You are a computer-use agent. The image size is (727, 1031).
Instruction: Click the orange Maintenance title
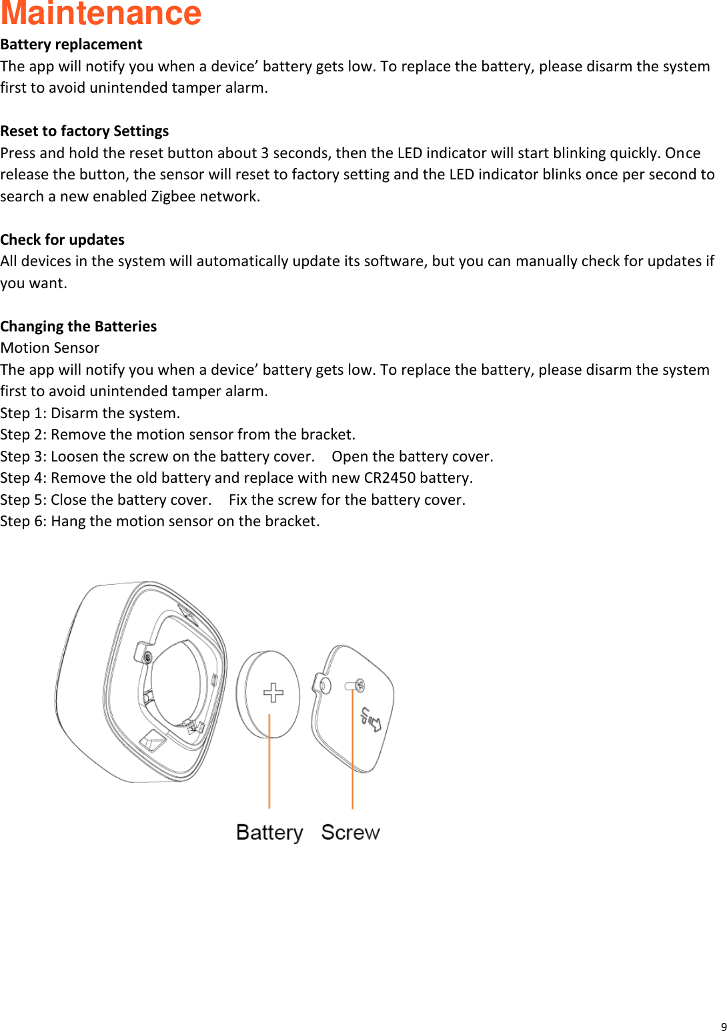(101, 13)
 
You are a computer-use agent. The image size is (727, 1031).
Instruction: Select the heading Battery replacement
(71, 45)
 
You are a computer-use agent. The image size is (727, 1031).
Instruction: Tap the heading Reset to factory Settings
(85, 131)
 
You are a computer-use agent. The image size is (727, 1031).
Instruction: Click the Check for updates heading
(63, 239)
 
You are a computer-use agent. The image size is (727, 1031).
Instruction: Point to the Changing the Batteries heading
(79, 326)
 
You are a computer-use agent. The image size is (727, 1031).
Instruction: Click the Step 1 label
(22, 413)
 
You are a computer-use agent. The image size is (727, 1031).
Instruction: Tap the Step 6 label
(22, 522)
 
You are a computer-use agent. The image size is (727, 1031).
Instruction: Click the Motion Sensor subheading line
(50, 348)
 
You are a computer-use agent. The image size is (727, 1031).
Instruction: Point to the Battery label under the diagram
(269, 832)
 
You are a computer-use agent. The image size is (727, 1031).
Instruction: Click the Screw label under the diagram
(350, 832)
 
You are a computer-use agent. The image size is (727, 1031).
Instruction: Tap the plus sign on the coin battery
(273, 693)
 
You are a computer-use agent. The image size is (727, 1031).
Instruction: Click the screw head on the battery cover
(359, 685)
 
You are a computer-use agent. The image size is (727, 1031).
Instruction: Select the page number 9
(724, 1027)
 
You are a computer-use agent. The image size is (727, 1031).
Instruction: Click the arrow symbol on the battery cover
(372, 719)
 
